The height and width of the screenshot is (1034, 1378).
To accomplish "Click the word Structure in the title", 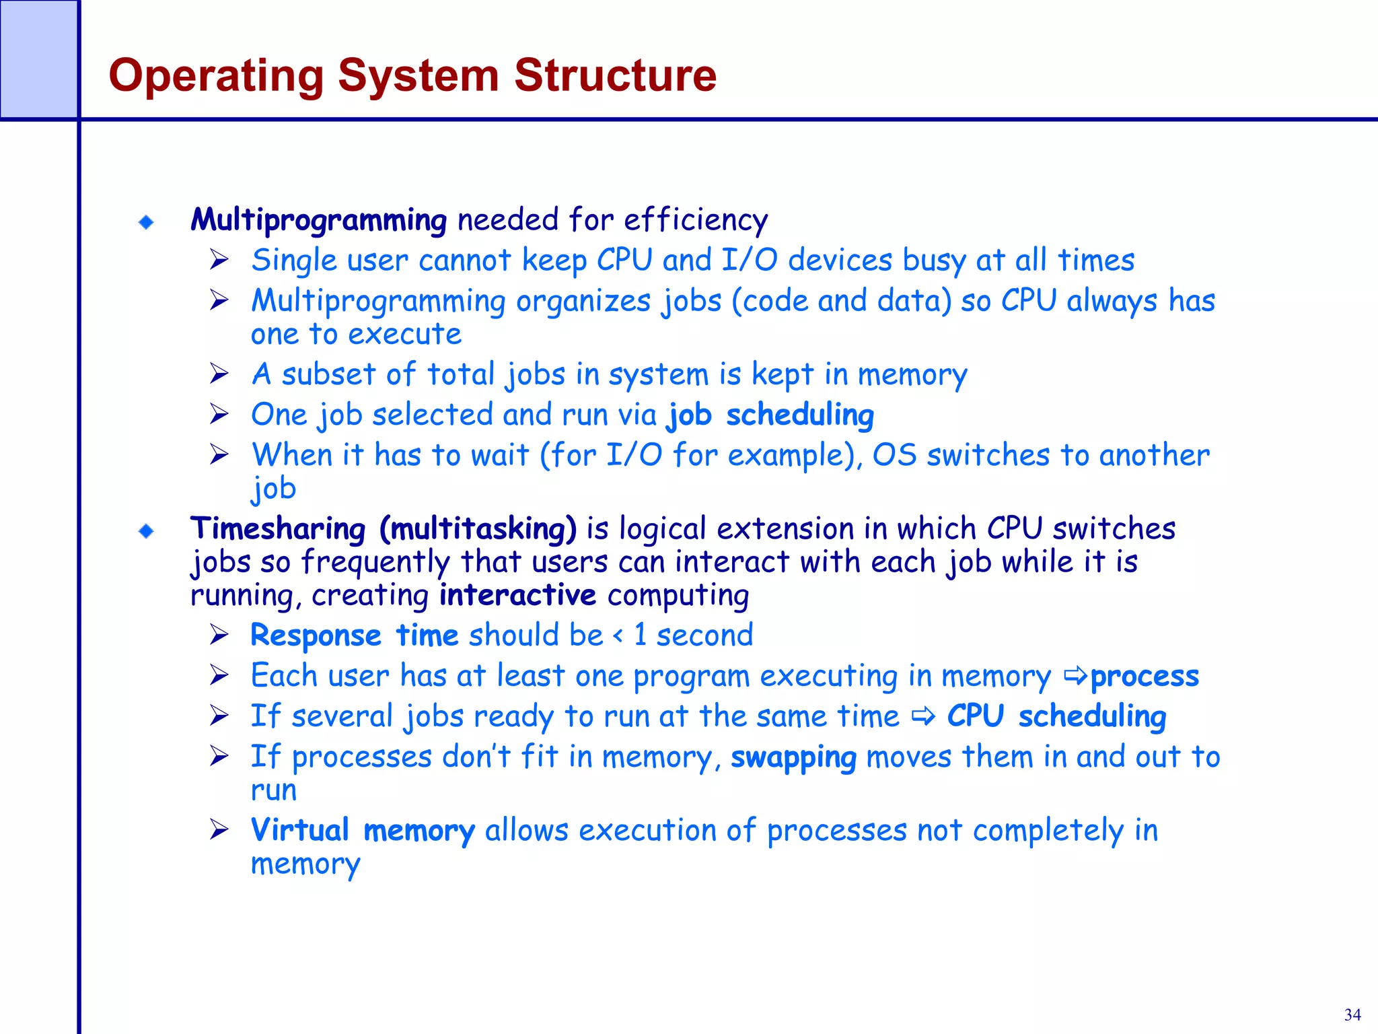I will click(x=615, y=75).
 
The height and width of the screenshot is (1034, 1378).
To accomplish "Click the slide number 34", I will click(x=1352, y=1014).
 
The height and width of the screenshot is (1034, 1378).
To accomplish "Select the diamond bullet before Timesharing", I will click(x=146, y=532).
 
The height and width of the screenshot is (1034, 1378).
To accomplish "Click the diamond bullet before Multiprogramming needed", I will click(x=146, y=222).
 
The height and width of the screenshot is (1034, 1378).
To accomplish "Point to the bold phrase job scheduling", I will click(x=770, y=415).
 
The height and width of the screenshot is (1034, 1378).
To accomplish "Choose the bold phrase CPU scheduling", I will click(x=1056, y=717).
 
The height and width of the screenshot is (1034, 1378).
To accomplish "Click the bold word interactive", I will click(x=517, y=596).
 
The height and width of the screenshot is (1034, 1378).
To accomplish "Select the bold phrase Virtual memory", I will click(x=363, y=831).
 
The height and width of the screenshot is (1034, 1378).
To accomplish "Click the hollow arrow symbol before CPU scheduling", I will click(x=924, y=717).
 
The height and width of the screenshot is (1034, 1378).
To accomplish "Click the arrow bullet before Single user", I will click(x=219, y=260).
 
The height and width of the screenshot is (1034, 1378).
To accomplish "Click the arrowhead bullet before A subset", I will click(x=219, y=374).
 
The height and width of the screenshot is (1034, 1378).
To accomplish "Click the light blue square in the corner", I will click(x=38, y=59).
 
